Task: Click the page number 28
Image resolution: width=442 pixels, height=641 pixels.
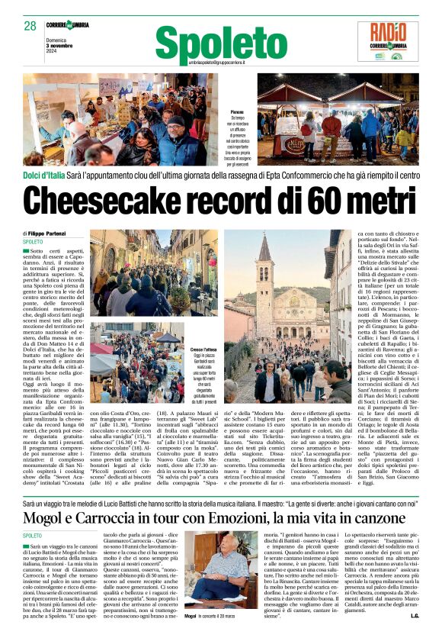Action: pyautogui.click(x=30, y=25)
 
